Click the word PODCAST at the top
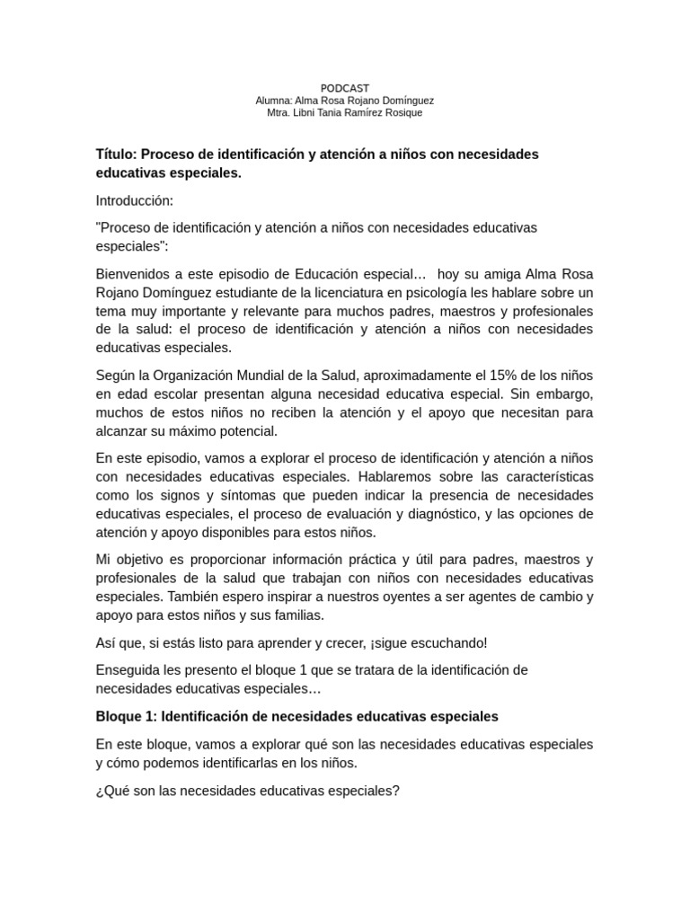click(345, 88)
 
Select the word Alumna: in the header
click(275, 101)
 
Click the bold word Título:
click(116, 154)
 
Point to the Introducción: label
click(135, 200)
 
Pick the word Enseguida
click(128, 671)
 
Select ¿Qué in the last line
click(111, 791)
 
